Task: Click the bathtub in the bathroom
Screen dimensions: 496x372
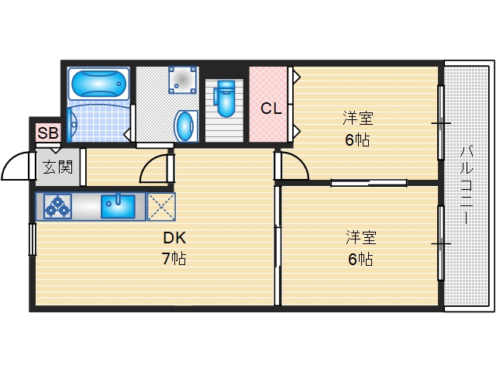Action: [x=98, y=84]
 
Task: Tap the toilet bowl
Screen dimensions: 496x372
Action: [x=224, y=98]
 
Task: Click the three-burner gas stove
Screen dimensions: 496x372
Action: [x=57, y=206]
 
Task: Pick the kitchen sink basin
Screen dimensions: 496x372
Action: [x=118, y=206]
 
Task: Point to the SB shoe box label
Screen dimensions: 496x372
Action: [x=48, y=133]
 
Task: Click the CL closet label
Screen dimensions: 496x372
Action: [x=271, y=108]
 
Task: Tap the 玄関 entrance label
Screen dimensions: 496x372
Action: [x=58, y=167]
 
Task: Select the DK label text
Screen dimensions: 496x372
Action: [x=174, y=238]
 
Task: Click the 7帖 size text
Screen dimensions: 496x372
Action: [x=174, y=259]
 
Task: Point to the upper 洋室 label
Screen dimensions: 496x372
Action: [x=358, y=118]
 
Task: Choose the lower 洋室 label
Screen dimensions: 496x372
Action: [x=361, y=238]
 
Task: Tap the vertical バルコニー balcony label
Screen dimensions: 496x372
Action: [x=466, y=185]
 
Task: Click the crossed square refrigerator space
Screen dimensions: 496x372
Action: [x=161, y=206]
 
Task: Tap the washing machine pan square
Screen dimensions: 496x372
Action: [x=183, y=80]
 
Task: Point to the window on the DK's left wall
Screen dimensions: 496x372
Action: [x=33, y=239]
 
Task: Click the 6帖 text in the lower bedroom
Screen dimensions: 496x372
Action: [x=360, y=259]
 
